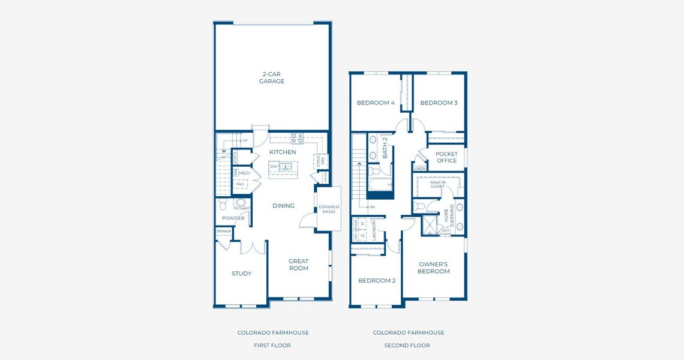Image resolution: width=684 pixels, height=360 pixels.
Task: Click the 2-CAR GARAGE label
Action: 272,78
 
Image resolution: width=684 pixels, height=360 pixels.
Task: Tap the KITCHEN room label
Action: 283,152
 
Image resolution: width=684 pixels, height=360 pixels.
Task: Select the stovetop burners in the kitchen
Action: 297,138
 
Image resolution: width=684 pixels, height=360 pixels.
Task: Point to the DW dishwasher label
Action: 274,167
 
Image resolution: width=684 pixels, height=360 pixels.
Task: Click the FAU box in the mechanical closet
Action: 240,184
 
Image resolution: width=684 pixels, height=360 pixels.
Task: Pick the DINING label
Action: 283,206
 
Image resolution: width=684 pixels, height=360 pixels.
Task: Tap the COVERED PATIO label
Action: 329,209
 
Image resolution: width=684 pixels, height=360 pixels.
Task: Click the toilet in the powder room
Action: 241,203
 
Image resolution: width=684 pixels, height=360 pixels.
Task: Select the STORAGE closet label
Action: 224,231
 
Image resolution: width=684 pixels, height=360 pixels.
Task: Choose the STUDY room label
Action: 242,274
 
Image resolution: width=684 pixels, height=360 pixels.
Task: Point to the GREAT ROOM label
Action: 299,265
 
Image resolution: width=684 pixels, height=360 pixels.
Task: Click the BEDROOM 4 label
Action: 376,103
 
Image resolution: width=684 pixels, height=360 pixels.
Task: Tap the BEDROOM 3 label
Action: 439,103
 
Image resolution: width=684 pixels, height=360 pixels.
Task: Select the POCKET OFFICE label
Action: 446,157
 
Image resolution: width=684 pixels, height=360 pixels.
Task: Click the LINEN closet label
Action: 420,169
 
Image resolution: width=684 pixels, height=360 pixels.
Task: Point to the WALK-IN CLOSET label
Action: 437,184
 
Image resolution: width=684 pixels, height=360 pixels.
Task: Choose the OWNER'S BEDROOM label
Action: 433,268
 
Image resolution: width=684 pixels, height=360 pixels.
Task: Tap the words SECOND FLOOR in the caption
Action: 407,346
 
